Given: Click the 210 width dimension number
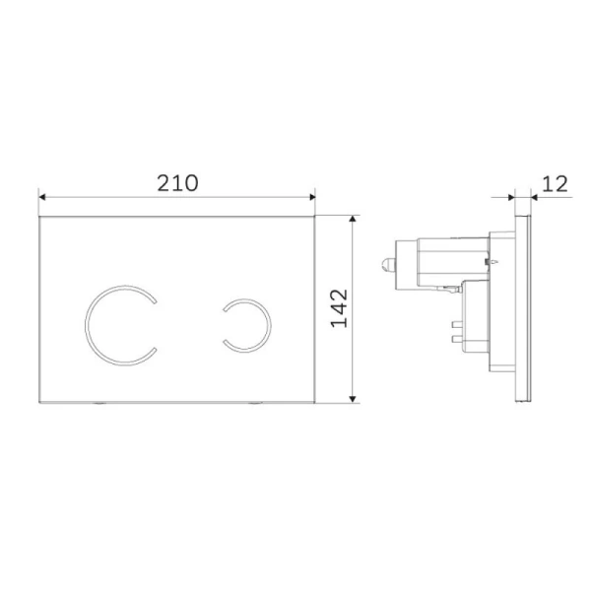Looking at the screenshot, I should (177, 183).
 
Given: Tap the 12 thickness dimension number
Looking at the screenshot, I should (556, 183).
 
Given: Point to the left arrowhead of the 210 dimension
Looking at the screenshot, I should (42, 197).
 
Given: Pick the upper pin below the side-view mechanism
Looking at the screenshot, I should (458, 322).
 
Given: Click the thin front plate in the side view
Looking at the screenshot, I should (530, 305).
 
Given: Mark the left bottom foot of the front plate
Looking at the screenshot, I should (102, 403).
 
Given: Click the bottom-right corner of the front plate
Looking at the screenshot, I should (313, 400).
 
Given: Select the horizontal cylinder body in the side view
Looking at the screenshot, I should (433, 261).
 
